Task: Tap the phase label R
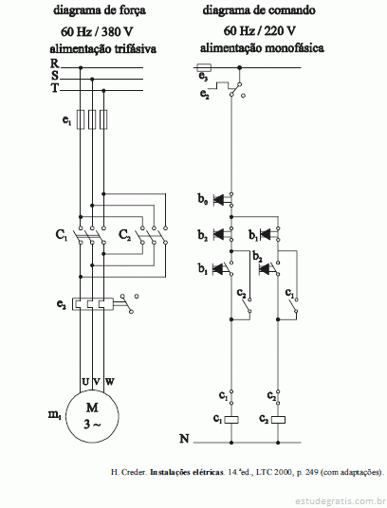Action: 54,63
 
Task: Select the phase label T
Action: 54,87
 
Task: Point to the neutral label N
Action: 184,439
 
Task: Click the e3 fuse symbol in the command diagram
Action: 204,67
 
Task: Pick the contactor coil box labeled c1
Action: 231,420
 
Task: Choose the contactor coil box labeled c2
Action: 279,420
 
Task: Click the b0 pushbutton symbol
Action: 223,200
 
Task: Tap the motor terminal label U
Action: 85,382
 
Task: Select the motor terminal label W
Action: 109,382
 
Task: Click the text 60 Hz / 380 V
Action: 97,31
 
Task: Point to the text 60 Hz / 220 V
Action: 259,30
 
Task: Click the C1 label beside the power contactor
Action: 62,234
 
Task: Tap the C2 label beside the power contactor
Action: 125,234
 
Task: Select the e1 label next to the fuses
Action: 66,120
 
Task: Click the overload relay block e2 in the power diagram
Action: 92,304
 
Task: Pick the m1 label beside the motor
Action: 55,415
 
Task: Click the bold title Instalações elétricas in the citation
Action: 186,472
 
